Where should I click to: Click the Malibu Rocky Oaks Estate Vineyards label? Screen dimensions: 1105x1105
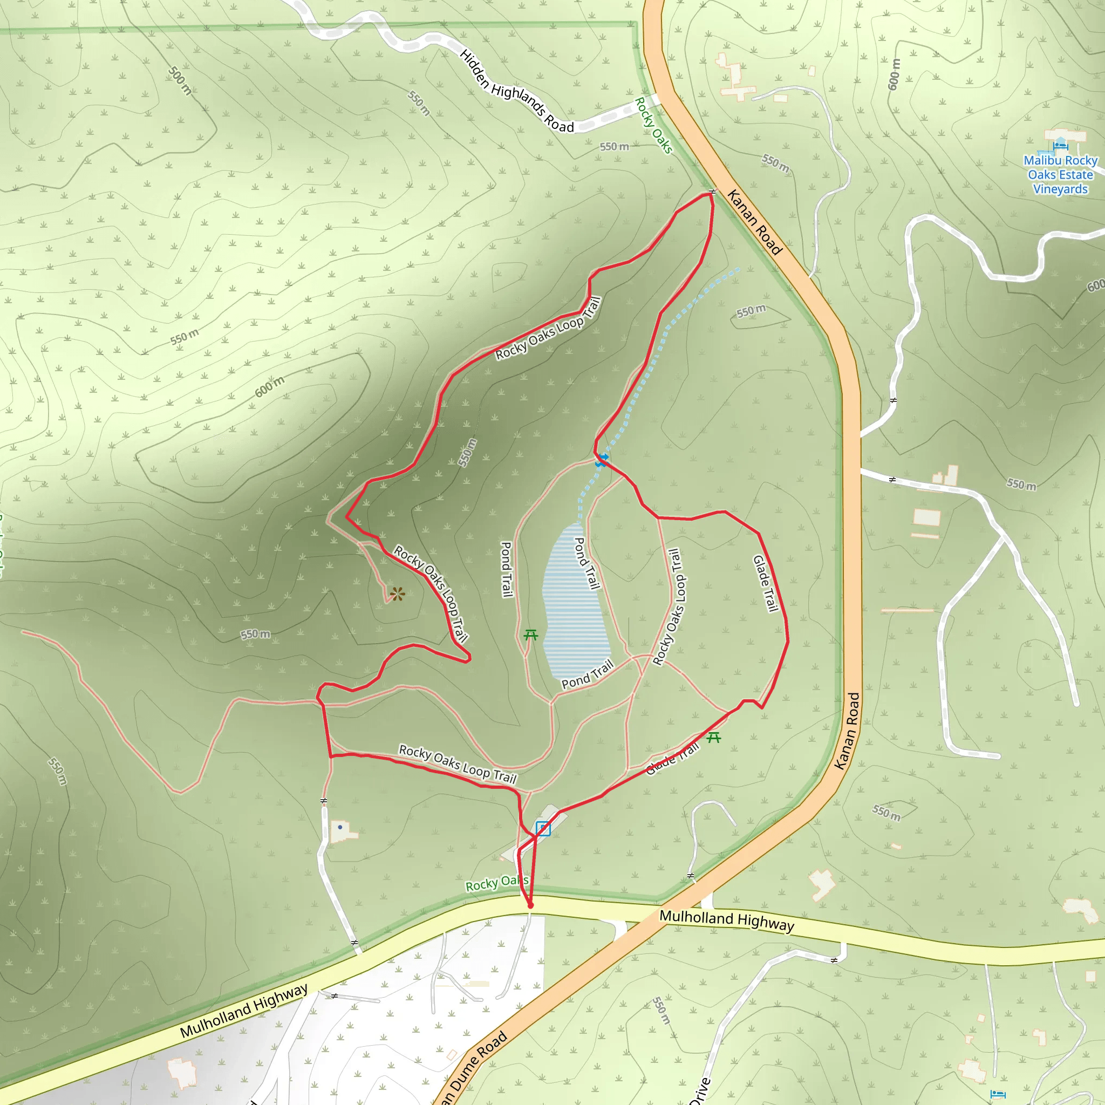(x=1060, y=174)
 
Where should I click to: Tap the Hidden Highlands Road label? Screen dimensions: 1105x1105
(x=516, y=92)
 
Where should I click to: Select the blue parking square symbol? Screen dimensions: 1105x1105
(x=543, y=828)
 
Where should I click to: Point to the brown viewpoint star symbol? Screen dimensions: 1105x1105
(x=398, y=594)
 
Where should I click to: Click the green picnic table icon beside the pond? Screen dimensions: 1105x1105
(x=531, y=635)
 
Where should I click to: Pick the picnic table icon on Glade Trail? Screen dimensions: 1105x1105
(x=713, y=737)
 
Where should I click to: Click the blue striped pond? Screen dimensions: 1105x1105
(x=574, y=606)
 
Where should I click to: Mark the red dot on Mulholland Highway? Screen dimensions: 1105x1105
(x=530, y=905)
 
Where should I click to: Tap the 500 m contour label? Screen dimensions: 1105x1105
(x=180, y=80)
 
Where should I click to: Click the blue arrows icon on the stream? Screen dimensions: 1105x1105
(x=602, y=460)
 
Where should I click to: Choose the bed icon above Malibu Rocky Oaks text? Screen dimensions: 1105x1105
(x=1060, y=145)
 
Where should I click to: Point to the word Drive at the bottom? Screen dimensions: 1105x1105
(x=700, y=1089)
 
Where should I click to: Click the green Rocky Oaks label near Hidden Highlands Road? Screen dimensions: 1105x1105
(x=653, y=125)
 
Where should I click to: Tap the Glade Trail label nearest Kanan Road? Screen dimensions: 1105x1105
(x=766, y=583)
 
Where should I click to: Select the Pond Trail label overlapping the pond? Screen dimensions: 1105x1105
(x=588, y=563)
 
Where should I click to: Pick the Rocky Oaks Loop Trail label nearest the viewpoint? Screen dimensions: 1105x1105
(x=431, y=593)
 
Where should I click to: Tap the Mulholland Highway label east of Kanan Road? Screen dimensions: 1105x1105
(x=726, y=920)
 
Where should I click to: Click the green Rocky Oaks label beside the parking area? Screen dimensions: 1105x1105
(x=496, y=884)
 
